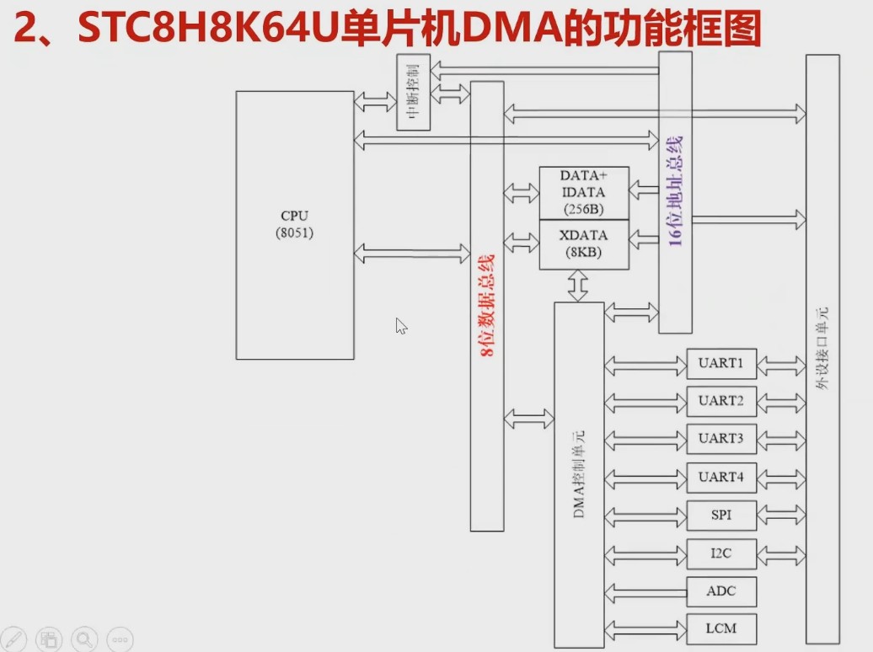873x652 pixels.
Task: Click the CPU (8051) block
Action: pos(294,224)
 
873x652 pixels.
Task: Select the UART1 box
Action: pos(721,364)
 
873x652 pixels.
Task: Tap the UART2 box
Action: pos(721,401)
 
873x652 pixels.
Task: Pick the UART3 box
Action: pos(721,439)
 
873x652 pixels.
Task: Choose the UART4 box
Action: pos(721,477)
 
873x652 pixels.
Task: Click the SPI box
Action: pos(721,515)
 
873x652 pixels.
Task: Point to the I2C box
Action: pos(721,553)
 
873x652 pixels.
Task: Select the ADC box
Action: pos(721,591)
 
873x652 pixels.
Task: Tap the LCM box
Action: pos(721,628)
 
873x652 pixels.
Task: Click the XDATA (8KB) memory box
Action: pos(584,243)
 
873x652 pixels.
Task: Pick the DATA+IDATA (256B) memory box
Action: pos(584,193)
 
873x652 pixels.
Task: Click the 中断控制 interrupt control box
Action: pos(413,93)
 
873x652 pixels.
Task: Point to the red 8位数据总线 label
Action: pos(487,307)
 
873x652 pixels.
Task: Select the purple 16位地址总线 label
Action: pos(675,190)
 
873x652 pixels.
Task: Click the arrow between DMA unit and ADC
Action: pos(645,591)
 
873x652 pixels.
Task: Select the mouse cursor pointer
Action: pos(401,326)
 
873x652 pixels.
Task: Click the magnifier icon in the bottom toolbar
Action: pos(84,639)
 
